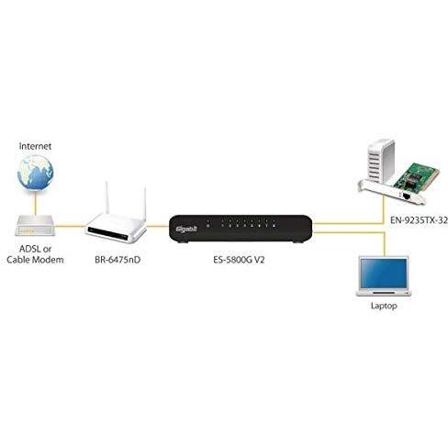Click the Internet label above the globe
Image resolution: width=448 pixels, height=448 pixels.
[x=35, y=146]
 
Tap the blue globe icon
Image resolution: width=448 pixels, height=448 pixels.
[x=35, y=173]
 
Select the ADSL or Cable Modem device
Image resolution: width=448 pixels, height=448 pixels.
[x=35, y=226]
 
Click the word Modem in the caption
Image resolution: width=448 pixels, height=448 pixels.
[x=48, y=260]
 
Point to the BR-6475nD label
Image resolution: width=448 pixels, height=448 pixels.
[x=118, y=260]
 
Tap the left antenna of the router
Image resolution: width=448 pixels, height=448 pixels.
[x=107, y=197]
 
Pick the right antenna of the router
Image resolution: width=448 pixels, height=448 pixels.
[x=145, y=203]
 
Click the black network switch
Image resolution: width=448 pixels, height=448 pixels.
[x=241, y=229]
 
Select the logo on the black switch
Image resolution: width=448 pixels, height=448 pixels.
[x=186, y=229]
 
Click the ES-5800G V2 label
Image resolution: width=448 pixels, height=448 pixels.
[x=239, y=260]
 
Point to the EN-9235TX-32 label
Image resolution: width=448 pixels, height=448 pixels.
[x=419, y=220]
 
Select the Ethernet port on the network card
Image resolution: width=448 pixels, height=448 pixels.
[x=406, y=196]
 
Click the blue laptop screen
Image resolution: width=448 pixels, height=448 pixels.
[x=385, y=274]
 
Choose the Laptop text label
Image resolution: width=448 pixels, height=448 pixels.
[x=384, y=306]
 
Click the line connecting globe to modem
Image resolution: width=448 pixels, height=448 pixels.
[x=36, y=203]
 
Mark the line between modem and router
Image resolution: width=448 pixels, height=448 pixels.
[x=71, y=227]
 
